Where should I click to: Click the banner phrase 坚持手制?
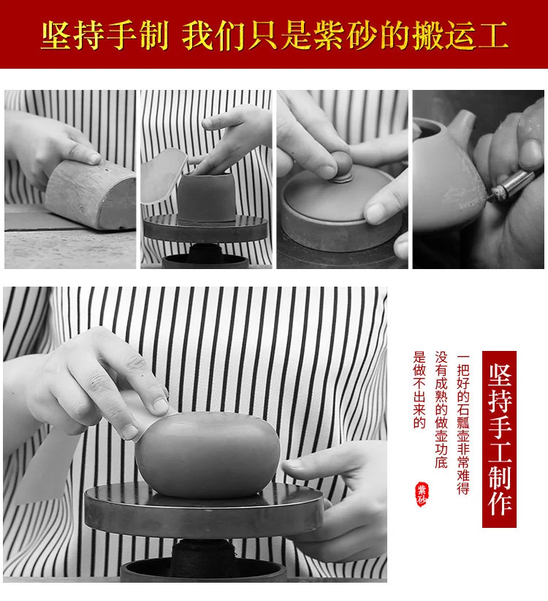coord(105,36)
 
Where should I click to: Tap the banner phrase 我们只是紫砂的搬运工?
coord(345,36)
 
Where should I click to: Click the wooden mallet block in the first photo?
coord(91,194)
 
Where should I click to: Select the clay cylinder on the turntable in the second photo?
coord(206,196)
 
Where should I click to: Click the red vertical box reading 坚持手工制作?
coord(499,439)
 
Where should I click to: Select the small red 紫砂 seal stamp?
coord(422,494)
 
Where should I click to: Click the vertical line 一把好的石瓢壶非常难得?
coord(463,423)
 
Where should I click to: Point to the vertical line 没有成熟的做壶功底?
coord(441,409)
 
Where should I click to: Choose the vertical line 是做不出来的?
coord(419,390)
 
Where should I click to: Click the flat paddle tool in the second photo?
coord(163,175)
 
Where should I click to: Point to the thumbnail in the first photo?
coord(93,157)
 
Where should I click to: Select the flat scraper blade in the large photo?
coord(46,464)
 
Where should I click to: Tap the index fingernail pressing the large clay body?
coord(160,406)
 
